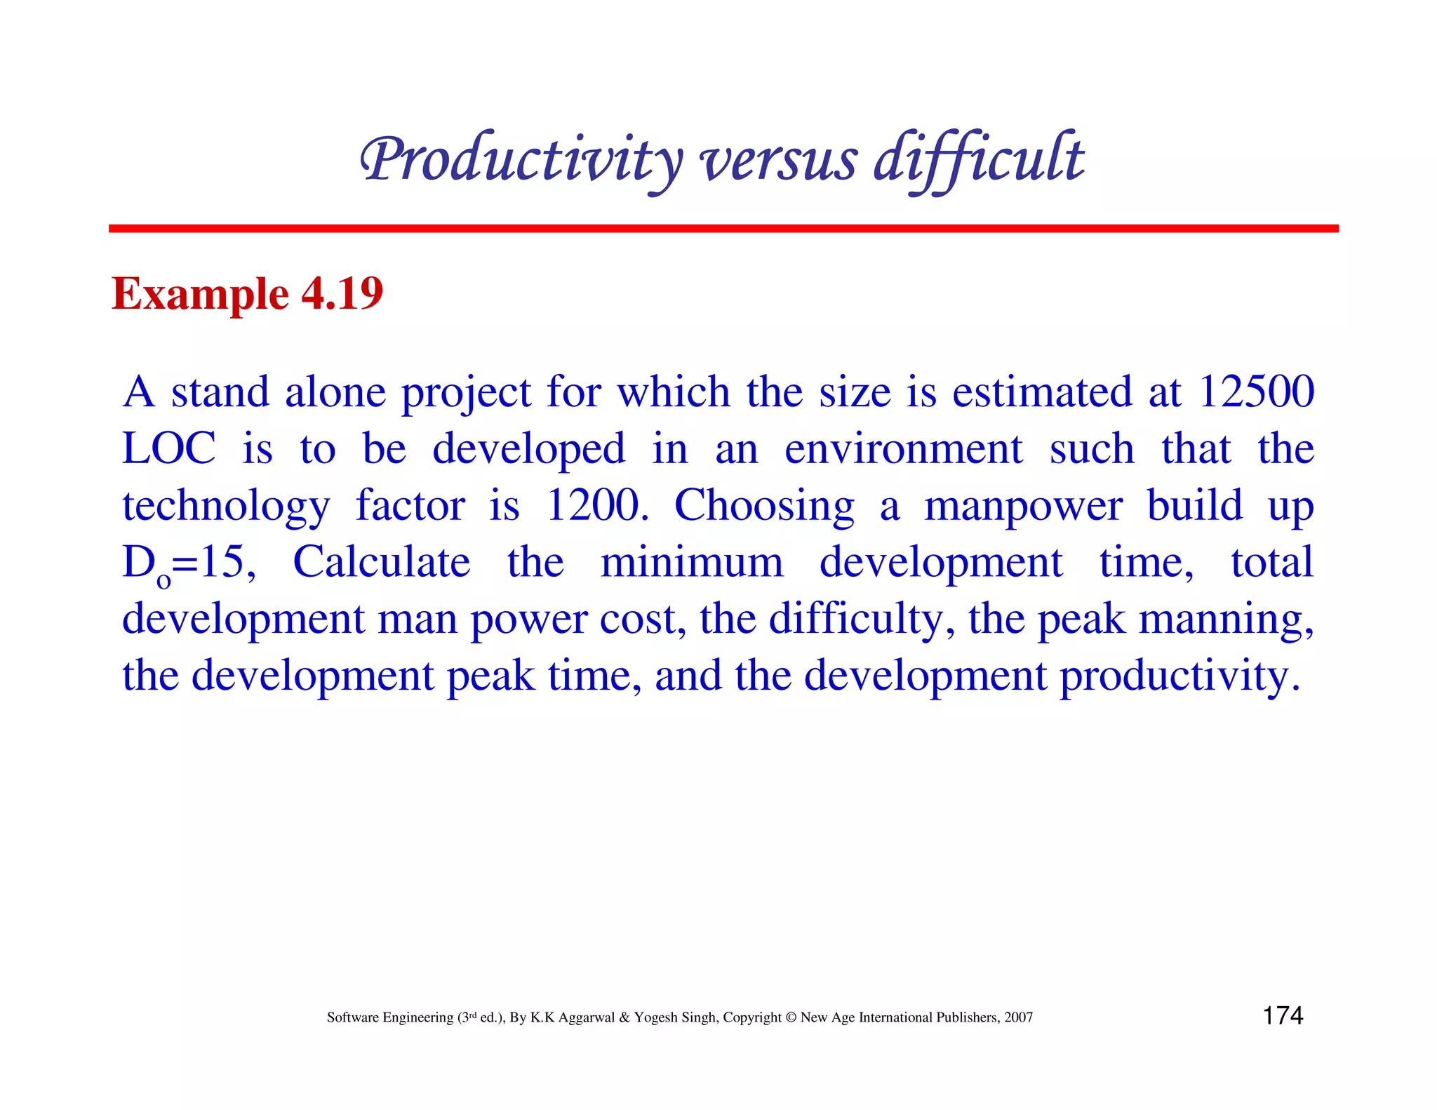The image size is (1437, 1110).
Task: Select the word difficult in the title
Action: point(979,160)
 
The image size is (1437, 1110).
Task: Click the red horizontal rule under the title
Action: point(723,229)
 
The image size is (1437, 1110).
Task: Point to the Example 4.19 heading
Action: point(247,293)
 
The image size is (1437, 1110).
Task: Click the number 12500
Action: point(1255,392)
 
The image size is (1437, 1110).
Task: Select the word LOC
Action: point(169,449)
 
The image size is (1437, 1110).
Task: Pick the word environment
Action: point(903,449)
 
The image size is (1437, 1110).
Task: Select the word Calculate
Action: point(381,563)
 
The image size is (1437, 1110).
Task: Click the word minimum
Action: point(692,563)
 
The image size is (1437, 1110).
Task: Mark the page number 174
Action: point(1282,1016)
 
